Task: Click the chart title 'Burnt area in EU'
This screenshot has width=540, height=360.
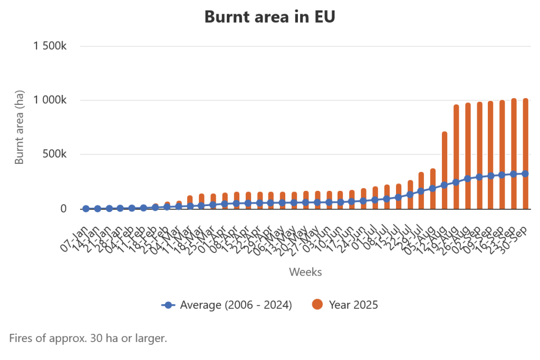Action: tap(269, 17)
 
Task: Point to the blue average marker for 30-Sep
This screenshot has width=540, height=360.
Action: tap(525, 173)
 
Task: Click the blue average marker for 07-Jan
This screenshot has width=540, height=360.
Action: tap(86, 209)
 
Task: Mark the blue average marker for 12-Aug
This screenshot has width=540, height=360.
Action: tap(445, 185)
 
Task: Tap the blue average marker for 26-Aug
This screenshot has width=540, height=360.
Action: tap(468, 179)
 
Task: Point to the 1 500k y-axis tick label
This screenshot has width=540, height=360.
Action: tap(50, 46)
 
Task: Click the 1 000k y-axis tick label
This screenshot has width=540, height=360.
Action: tap(50, 101)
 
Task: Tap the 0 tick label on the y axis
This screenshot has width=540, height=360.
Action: tap(63, 209)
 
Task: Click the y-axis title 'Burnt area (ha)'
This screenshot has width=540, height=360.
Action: tap(20, 127)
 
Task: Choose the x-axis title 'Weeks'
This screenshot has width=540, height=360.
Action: tap(305, 272)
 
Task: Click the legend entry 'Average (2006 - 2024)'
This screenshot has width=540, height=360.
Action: tap(227, 305)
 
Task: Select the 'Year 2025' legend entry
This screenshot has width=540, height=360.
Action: tap(345, 305)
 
